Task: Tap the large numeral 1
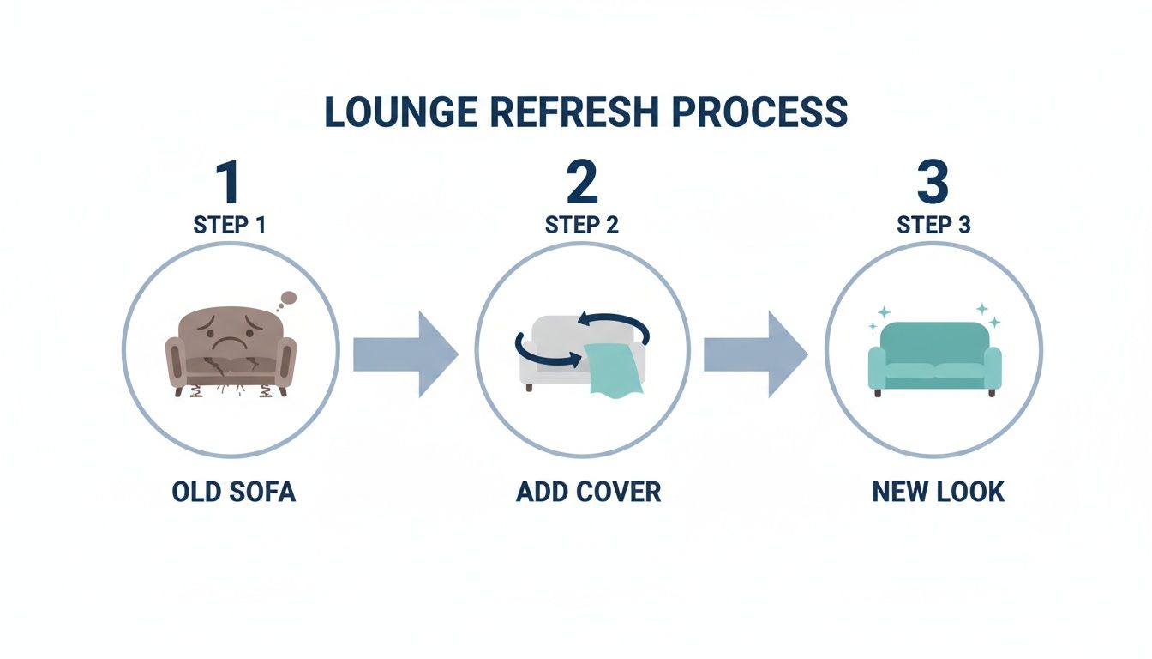coord(228,183)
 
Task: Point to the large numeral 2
coord(582,183)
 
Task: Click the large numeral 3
coord(933,183)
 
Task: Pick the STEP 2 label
coord(582,225)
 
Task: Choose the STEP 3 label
coord(933,225)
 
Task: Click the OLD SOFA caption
coord(233,493)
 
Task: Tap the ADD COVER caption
coord(588,493)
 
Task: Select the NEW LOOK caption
coord(938,493)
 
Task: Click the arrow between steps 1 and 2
coord(405,354)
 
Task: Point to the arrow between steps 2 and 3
coord(755,354)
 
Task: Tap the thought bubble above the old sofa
coord(289,299)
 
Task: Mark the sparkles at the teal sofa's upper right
coord(987,314)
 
